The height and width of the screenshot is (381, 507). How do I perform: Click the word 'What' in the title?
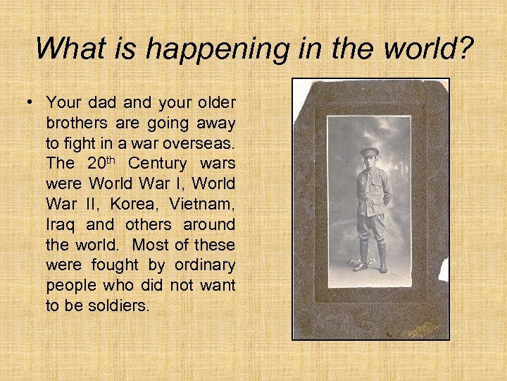(x=68, y=48)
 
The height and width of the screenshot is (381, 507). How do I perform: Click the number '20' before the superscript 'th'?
(x=97, y=164)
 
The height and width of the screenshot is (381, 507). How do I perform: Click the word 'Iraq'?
(x=61, y=226)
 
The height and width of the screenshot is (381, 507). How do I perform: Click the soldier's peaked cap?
(x=368, y=151)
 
